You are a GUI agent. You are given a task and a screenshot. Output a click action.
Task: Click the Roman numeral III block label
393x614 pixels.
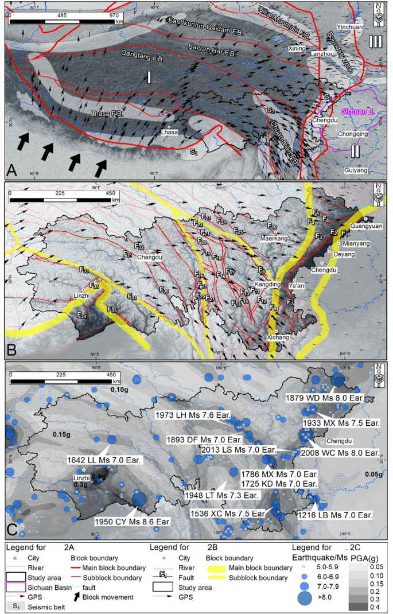pyautogui.click(x=375, y=41)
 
